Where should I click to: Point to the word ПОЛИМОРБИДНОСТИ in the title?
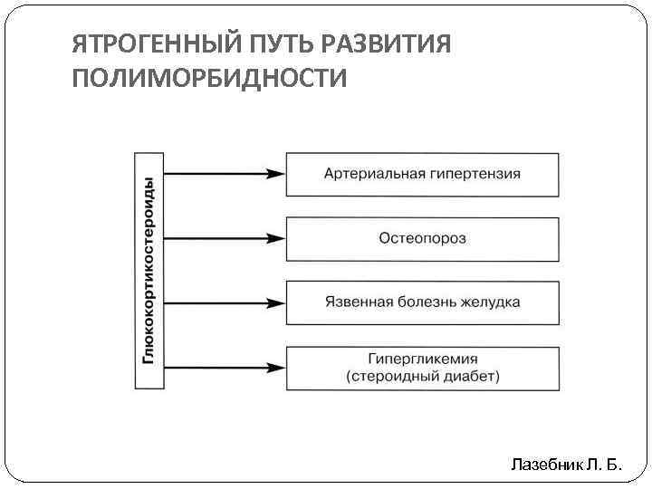(208, 79)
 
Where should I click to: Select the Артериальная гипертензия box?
(422, 174)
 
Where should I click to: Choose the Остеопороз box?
(422, 238)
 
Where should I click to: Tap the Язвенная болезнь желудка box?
(422, 302)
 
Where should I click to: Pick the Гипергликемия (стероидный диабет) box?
(422, 367)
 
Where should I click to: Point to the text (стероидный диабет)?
(422, 375)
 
